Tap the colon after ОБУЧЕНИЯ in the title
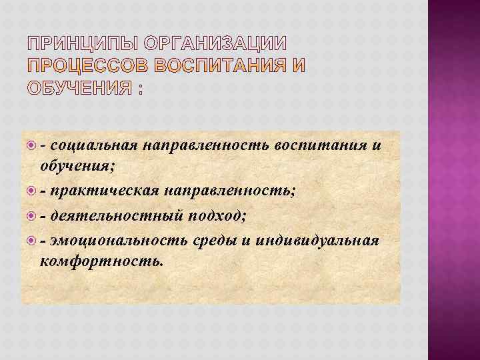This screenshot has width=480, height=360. pyautogui.click(x=140, y=89)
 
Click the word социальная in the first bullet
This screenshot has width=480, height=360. pyautogui.click(x=93, y=147)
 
